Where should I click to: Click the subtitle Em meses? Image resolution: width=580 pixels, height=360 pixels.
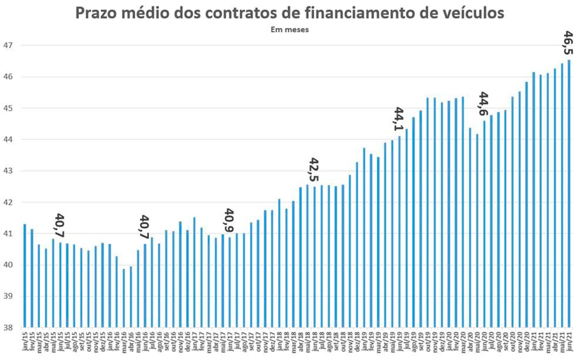tap(289, 31)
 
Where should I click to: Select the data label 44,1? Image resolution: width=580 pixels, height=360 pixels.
tap(399, 119)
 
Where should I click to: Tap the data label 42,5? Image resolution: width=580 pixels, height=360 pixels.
tap(314, 170)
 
